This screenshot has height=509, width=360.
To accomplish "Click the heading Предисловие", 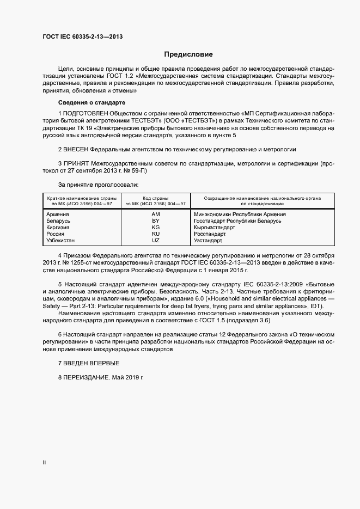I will pyautogui.click(x=188, y=54).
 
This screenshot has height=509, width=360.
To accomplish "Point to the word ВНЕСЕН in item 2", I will pyautogui.click(x=76, y=149).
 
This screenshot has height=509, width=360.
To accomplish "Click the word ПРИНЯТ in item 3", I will pyautogui.click(x=76, y=163).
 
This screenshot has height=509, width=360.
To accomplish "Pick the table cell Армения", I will pyautogui.click(x=58, y=214).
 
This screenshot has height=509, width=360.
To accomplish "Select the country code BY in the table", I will pyautogui.click(x=156, y=221).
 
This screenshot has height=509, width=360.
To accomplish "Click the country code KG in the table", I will pyautogui.click(x=156, y=228).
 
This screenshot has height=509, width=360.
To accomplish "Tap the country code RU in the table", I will pyautogui.click(x=156, y=234).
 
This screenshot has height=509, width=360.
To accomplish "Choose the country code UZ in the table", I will pyautogui.click(x=156, y=241).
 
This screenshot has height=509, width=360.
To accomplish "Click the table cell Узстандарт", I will pyautogui.click(x=208, y=241).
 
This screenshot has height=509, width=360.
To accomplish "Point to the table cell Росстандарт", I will pyautogui.click(x=210, y=234).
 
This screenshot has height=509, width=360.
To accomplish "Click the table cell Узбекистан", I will pyautogui.click(x=62, y=241).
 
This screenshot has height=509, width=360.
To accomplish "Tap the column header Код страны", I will pyautogui.click(x=156, y=198).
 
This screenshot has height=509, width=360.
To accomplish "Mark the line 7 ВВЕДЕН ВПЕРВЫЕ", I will pyautogui.click(x=88, y=363).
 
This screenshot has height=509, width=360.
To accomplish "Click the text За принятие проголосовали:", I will pyautogui.click(x=94, y=185).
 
